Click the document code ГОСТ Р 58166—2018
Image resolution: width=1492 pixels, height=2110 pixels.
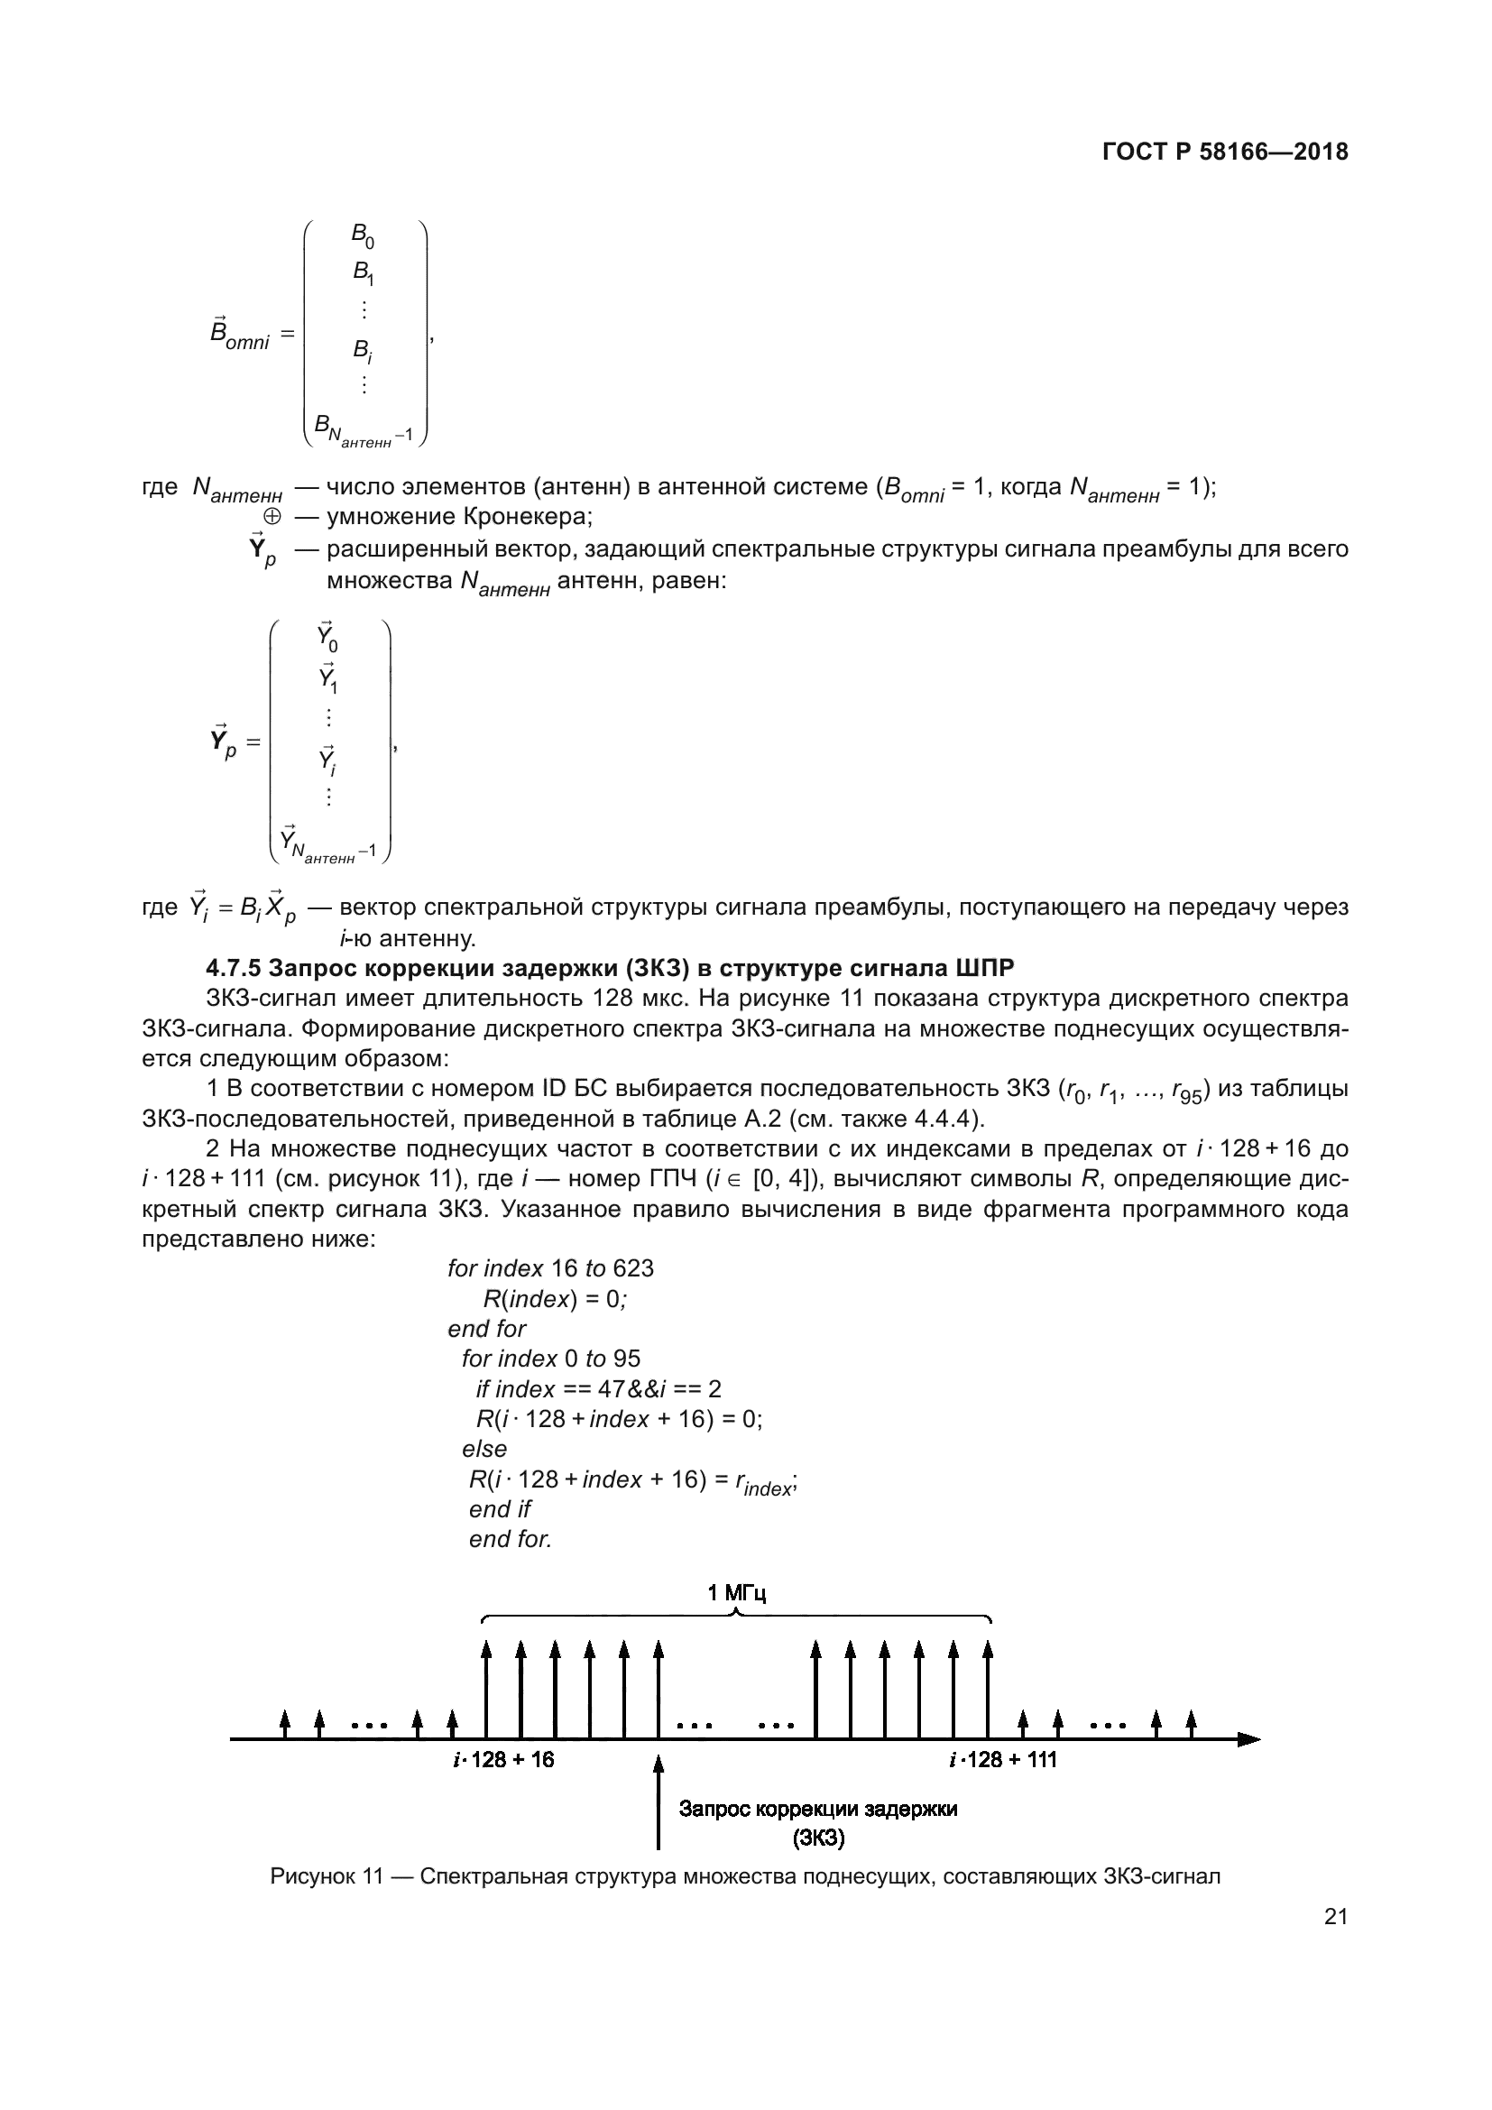pos(1225,152)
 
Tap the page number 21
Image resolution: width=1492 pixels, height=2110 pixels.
pos(1336,1916)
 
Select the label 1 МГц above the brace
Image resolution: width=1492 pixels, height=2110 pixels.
pos(736,1592)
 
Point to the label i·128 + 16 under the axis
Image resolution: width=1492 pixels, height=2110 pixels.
pos(503,1760)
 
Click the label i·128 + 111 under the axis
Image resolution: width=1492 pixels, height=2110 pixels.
pos(1002,1760)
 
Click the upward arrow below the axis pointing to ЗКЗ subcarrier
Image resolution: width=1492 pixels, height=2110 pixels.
pos(658,1801)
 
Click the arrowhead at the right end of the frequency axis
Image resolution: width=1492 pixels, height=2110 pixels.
pos(1248,1738)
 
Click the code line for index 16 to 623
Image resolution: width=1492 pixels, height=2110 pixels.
pos(550,1268)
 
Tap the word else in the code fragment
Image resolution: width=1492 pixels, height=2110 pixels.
pos(484,1450)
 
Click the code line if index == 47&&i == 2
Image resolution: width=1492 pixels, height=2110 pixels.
pos(598,1388)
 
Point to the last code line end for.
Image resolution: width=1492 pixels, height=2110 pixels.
pos(510,1539)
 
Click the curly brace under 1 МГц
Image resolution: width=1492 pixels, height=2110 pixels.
pos(736,1618)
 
